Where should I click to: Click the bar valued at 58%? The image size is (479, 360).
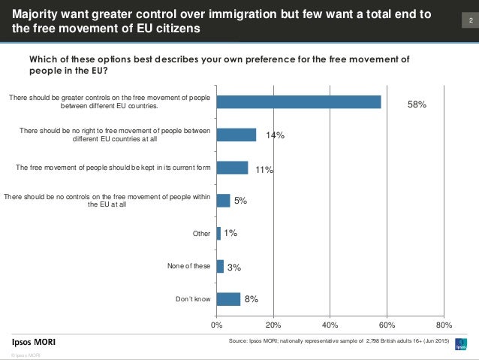coord(299,102)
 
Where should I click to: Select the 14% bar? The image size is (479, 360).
coord(236,135)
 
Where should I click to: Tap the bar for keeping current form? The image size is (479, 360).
coord(232,168)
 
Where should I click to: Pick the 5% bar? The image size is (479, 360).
coord(223,200)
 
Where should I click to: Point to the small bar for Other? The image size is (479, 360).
coord(218,233)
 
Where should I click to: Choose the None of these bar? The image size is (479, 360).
coord(220,266)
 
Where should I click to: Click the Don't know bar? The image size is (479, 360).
coord(228,299)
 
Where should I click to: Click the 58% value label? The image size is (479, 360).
coord(417,105)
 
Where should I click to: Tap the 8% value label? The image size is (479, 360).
coord(252,299)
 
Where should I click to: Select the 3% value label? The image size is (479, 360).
coord(234,267)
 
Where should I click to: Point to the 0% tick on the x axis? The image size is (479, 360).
coord(216,325)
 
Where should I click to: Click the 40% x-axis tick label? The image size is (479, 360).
coord(330,325)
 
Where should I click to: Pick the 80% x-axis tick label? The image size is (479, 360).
coord(444,325)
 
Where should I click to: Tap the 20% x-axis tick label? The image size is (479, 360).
coord(273,325)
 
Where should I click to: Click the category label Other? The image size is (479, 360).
coord(201,234)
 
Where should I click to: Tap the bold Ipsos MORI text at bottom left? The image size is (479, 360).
coord(33,343)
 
